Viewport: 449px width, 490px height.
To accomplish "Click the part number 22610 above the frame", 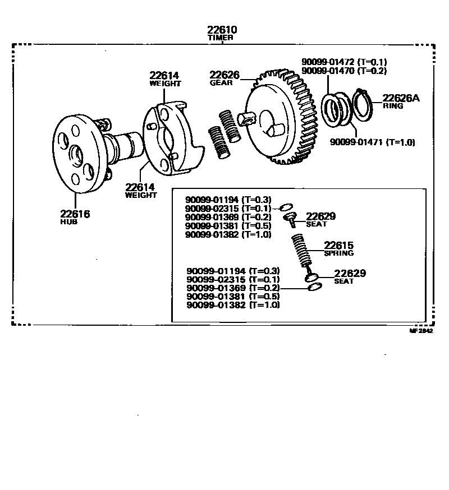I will [x=221, y=30].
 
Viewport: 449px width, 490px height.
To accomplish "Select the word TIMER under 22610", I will [x=221, y=38].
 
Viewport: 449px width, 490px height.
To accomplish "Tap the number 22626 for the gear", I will [x=224, y=75].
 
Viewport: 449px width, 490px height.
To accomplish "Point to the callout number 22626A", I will [x=401, y=98].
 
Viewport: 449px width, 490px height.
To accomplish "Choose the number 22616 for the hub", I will [x=75, y=214].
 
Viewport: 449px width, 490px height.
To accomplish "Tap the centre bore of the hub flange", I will [x=76, y=152].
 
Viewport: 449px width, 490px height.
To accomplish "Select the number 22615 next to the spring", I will [x=338, y=245].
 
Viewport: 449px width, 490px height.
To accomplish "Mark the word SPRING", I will [x=338, y=253].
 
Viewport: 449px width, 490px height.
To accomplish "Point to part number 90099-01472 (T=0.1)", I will [x=344, y=62].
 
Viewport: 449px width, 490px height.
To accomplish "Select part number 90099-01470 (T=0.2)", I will [x=344, y=71].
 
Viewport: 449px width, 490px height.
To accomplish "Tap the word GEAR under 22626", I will [x=221, y=83].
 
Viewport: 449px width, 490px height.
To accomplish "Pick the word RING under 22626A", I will [x=393, y=106].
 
